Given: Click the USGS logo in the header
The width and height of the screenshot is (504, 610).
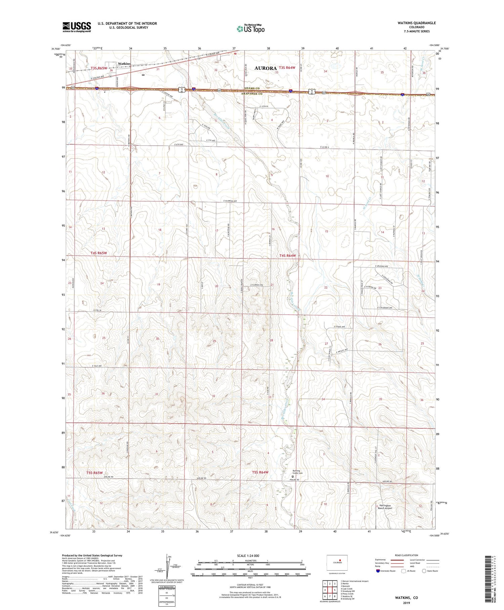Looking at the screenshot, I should click(x=77, y=27).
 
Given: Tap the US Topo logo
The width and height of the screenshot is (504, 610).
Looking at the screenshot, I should click(x=250, y=29).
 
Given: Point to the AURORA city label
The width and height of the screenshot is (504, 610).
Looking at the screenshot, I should click(x=265, y=68).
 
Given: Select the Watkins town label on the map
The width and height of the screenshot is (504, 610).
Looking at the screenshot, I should click(x=124, y=64).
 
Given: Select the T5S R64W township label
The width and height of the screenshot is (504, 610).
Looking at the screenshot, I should click(x=260, y=472).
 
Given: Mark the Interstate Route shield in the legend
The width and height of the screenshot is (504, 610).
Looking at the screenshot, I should click(x=378, y=571).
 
